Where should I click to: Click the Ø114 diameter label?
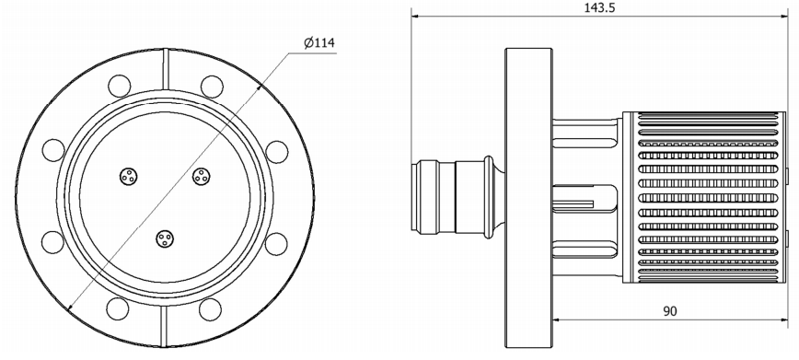coord(319,43)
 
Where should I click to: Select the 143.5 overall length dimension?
coord(599,7)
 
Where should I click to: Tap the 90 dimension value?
coord(670,311)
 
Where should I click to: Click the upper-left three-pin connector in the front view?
coord(129,177)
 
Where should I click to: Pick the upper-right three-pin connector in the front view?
coord(202,177)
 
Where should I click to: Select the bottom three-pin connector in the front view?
coord(165,238)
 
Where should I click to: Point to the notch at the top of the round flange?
coord(165,70)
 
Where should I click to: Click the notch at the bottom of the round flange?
coord(164,326)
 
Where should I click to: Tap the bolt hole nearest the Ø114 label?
coord(212,87)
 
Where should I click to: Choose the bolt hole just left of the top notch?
coord(120,86)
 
